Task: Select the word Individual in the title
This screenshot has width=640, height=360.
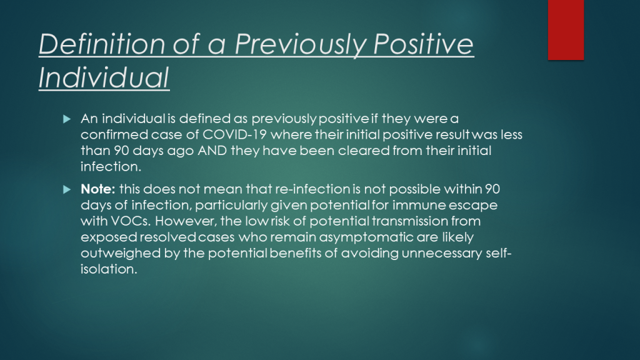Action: point(104,77)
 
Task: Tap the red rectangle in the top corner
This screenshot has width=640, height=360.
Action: point(566,30)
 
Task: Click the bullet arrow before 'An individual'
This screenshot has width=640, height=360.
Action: point(67,119)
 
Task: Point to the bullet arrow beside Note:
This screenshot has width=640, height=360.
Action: point(67,189)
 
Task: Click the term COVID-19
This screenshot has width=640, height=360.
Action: point(235,135)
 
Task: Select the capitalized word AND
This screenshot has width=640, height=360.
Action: point(212,151)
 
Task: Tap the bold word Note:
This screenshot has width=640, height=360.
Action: point(98,189)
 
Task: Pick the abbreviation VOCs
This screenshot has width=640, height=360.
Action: point(131,221)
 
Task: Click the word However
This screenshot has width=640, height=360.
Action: point(186,221)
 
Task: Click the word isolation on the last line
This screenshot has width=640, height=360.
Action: point(109,269)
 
